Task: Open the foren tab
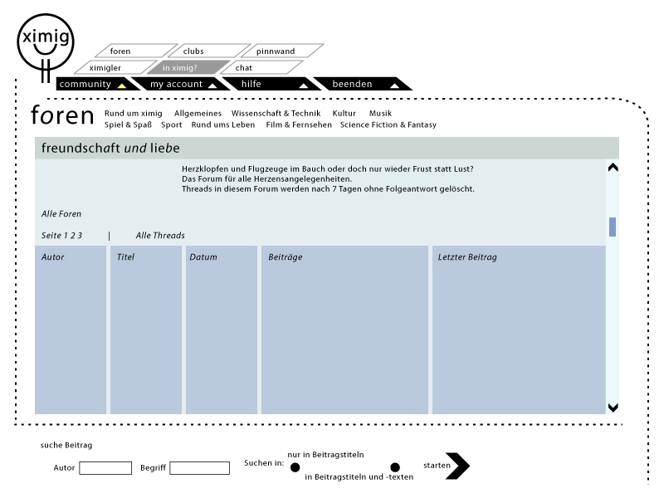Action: (120, 51)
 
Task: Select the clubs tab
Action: (193, 51)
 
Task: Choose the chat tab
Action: (243, 67)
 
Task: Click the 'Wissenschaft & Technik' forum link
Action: (276, 113)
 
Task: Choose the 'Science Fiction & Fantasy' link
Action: (388, 124)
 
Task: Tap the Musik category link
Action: (380, 113)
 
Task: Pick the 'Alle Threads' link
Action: (160, 236)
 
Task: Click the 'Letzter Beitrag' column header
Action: (467, 257)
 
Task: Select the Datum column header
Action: (203, 257)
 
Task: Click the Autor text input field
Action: (105, 468)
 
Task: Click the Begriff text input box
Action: (199, 468)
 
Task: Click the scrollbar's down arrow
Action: (613, 407)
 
